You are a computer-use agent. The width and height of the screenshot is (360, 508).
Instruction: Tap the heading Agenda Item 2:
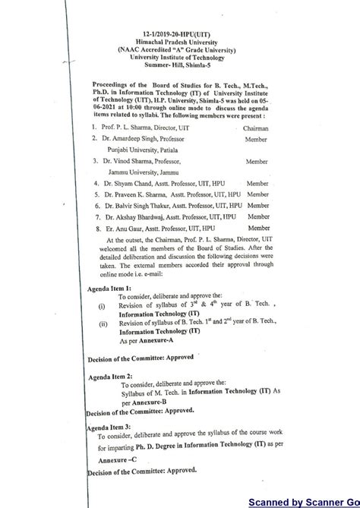pos(111,377)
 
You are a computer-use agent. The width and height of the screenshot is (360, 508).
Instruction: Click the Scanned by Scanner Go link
pos(304,502)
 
